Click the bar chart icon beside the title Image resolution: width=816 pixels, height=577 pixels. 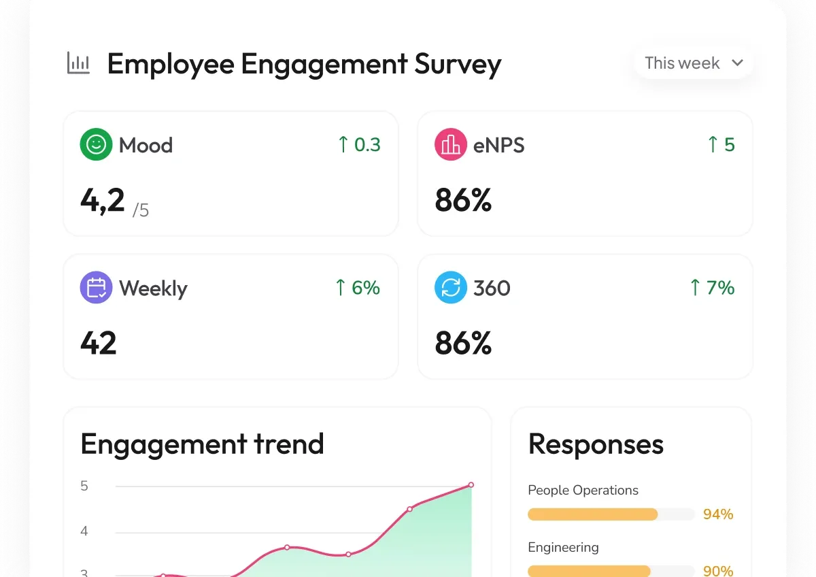coord(78,63)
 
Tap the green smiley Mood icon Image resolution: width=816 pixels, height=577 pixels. coord(96,144)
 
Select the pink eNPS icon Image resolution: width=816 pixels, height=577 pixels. coord(451,144)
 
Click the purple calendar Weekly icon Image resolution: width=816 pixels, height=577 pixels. coord(96,287)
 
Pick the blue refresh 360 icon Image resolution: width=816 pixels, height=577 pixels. coord(451,287)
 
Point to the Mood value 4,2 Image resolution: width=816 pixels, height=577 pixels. coord(103,201)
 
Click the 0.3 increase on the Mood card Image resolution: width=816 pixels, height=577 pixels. coord(359,144)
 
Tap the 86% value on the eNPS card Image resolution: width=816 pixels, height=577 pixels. coord(463,200)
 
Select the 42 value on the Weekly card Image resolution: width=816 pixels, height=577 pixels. coord(99,343)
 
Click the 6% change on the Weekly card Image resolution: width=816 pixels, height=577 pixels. coord(358,287)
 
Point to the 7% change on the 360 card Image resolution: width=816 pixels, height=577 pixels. coord(713,287)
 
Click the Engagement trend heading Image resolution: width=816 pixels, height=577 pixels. coord(202,444)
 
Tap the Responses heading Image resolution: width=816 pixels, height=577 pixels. coord(596,444)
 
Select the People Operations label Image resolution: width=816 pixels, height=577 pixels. coord(583,491)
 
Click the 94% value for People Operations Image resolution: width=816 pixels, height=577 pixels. coord(718,514)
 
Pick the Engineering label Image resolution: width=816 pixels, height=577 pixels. coord(563,548)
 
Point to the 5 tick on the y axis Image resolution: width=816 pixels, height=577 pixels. coord(84,486)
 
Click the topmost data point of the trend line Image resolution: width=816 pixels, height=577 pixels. coord(471,484)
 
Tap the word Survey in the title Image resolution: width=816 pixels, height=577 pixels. coord(458,65)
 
